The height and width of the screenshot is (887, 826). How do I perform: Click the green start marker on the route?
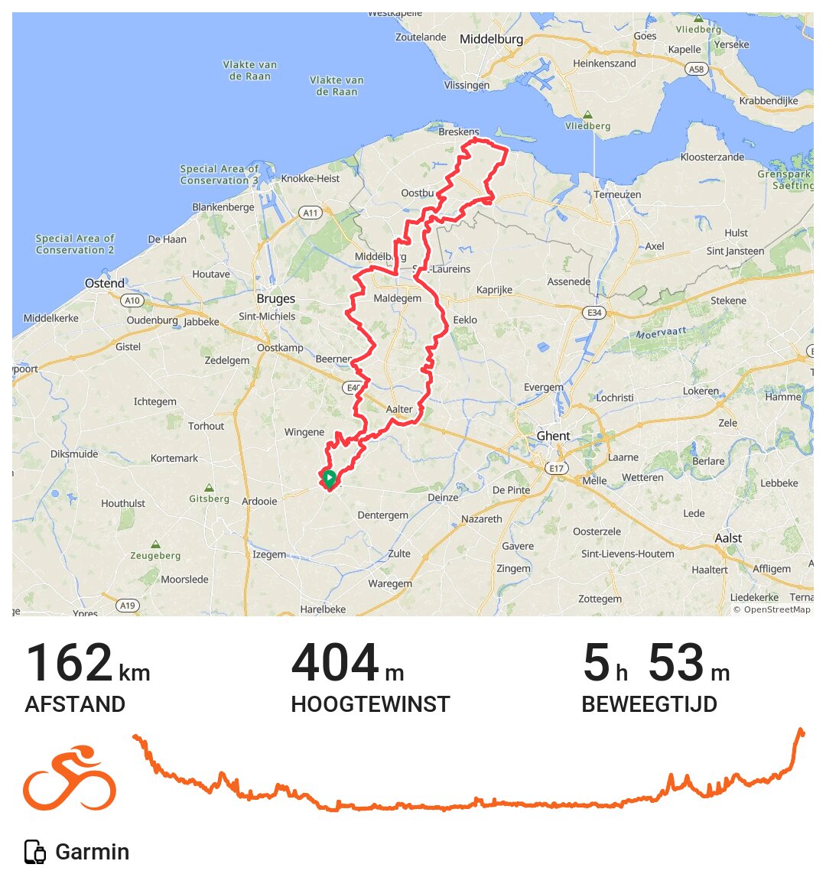(x=329, y=479)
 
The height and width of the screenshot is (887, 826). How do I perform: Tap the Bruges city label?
(x=275, y=299)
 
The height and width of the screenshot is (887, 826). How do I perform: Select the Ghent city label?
(x=553, y=436)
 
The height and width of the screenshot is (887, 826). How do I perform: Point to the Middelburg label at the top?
(x=491, y=39)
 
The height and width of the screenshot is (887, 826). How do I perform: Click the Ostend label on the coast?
(x=105, y=284)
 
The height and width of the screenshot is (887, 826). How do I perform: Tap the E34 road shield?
(x=593, y=313)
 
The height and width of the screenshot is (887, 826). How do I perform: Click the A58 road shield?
(x=696, y=69)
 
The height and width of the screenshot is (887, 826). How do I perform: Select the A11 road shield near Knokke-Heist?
(x=310, y=213)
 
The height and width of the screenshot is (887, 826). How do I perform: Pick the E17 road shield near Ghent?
(x=556, y=468)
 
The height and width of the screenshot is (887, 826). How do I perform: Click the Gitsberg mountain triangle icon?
(x=209, y=488)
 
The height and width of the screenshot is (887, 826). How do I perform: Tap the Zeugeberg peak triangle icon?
(x=155, y=544)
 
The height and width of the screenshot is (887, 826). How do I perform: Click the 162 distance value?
(x=69, y=663)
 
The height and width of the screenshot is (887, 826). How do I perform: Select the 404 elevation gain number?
(x=335, y=663)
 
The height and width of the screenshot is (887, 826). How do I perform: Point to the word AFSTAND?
(x=75, y=704)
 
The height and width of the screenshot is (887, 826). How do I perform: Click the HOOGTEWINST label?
(x=370, y=704)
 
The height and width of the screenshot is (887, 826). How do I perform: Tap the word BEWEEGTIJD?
(x=649, y=704)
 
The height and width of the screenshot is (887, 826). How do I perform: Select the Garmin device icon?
(x=35, y=852)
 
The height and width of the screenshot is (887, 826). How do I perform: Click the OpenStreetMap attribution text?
(x=772, y=609)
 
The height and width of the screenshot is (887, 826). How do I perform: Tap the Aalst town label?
(x=728, y=538)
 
